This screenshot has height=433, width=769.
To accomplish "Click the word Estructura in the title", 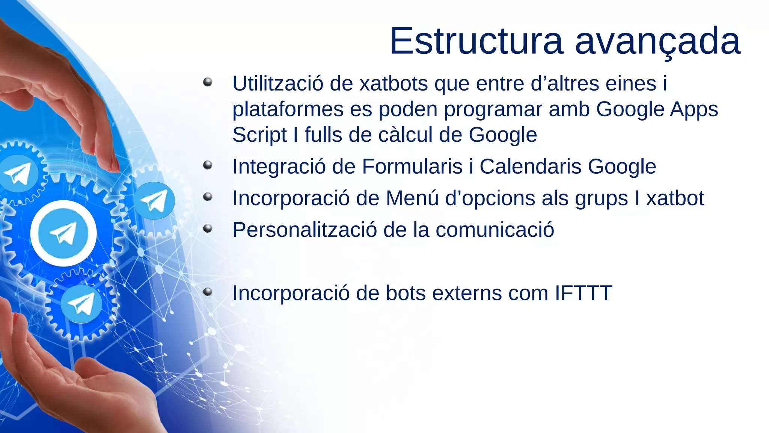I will [476, 41].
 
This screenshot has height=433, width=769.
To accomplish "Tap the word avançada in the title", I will [658, 42].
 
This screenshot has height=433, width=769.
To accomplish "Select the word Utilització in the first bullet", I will [277, 83].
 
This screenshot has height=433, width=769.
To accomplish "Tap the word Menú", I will [412, 198].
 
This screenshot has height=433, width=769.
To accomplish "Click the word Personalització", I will [305, 230].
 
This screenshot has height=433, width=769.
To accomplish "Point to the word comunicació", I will [495, 230].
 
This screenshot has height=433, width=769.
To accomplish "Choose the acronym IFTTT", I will [584, 293].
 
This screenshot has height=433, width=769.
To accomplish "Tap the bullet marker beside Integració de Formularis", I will [208, 165].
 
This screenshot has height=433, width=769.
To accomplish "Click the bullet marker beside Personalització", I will [208, 228].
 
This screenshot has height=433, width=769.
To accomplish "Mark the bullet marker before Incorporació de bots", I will [208, 292].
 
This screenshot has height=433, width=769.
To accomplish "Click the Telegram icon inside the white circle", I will [63, 233].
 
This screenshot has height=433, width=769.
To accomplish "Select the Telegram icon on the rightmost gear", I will [154, 201].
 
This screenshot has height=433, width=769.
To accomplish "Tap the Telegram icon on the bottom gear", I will [81, 304].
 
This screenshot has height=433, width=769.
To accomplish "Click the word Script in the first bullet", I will [259, 135].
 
